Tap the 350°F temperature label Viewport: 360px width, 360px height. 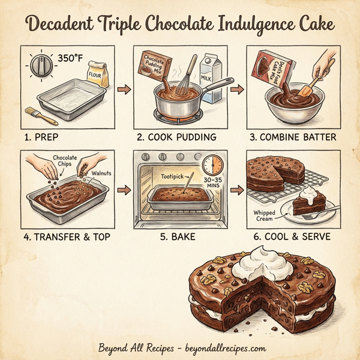point(71,59)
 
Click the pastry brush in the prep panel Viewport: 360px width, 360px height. point(37,115)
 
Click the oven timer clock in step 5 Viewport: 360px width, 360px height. point(212,166)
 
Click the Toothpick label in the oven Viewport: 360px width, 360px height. point(173,177)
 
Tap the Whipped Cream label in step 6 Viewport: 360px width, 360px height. point(265,215)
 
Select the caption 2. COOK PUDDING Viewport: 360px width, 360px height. point(176,137)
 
